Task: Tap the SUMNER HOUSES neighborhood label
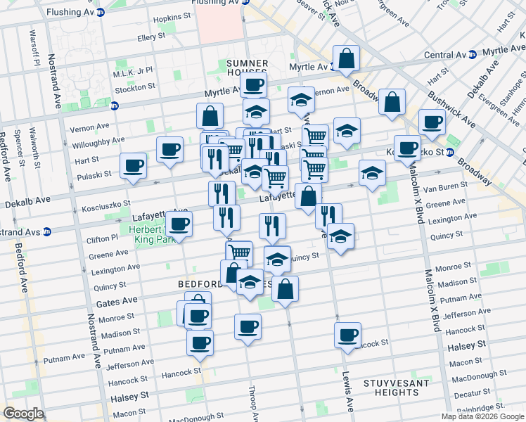pos(247,68)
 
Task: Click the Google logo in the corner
pos(23,414)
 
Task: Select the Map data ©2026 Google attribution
pos(482,416)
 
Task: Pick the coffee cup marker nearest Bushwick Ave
pos(431,121)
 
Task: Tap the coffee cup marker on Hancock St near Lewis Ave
pos(347,335)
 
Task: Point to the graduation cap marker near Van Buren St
pos(371,172)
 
